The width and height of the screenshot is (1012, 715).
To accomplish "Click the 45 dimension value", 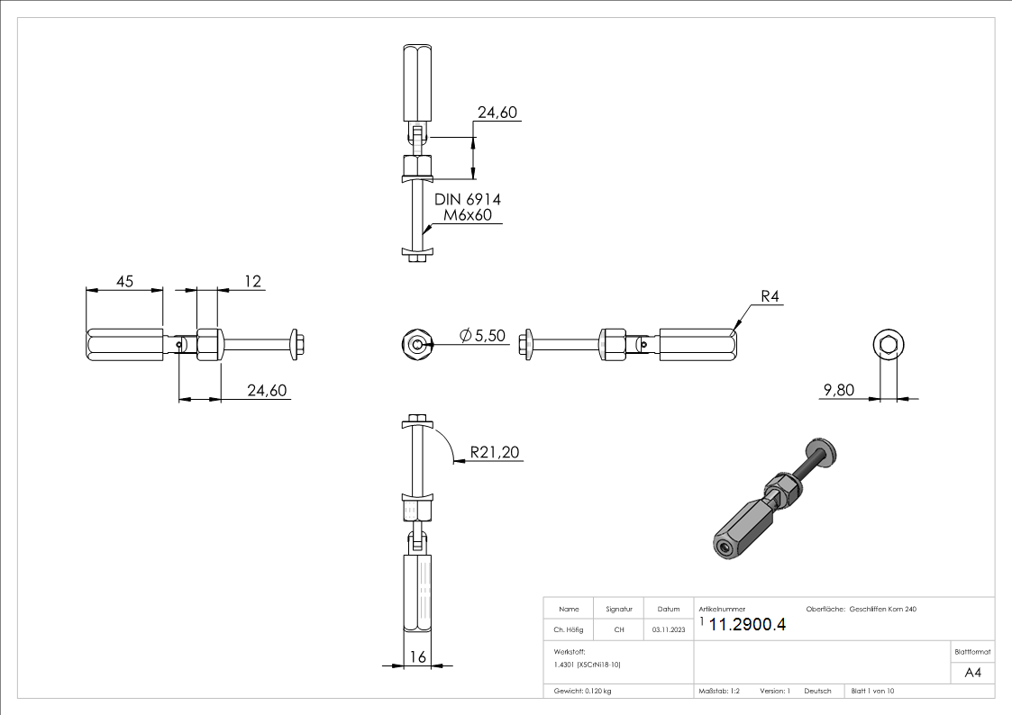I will point(123,281).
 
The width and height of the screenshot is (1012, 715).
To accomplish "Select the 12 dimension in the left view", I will point(252,281).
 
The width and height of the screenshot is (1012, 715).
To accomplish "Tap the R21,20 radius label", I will point(496,453).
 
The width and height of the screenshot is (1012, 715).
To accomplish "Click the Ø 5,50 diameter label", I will point(483,335).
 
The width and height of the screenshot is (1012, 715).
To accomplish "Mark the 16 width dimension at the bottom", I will point(417,657).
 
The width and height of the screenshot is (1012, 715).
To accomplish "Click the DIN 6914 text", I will point(468,199).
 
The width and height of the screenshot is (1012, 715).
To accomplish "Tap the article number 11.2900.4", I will point(747,625).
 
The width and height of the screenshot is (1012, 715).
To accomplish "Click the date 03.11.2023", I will point(668,629).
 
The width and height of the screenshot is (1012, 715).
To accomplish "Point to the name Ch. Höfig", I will point(569,629).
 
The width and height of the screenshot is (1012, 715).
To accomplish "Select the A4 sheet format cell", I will point(972,673).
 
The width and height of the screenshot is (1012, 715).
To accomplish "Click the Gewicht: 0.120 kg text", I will point(583,691).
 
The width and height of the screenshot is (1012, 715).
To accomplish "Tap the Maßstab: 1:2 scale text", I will point(719,691).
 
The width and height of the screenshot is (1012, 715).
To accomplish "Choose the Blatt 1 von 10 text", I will point(872,691).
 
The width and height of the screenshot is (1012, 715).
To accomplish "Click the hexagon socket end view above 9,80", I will point(888,345).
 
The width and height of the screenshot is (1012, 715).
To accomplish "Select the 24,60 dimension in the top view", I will point(498,113).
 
